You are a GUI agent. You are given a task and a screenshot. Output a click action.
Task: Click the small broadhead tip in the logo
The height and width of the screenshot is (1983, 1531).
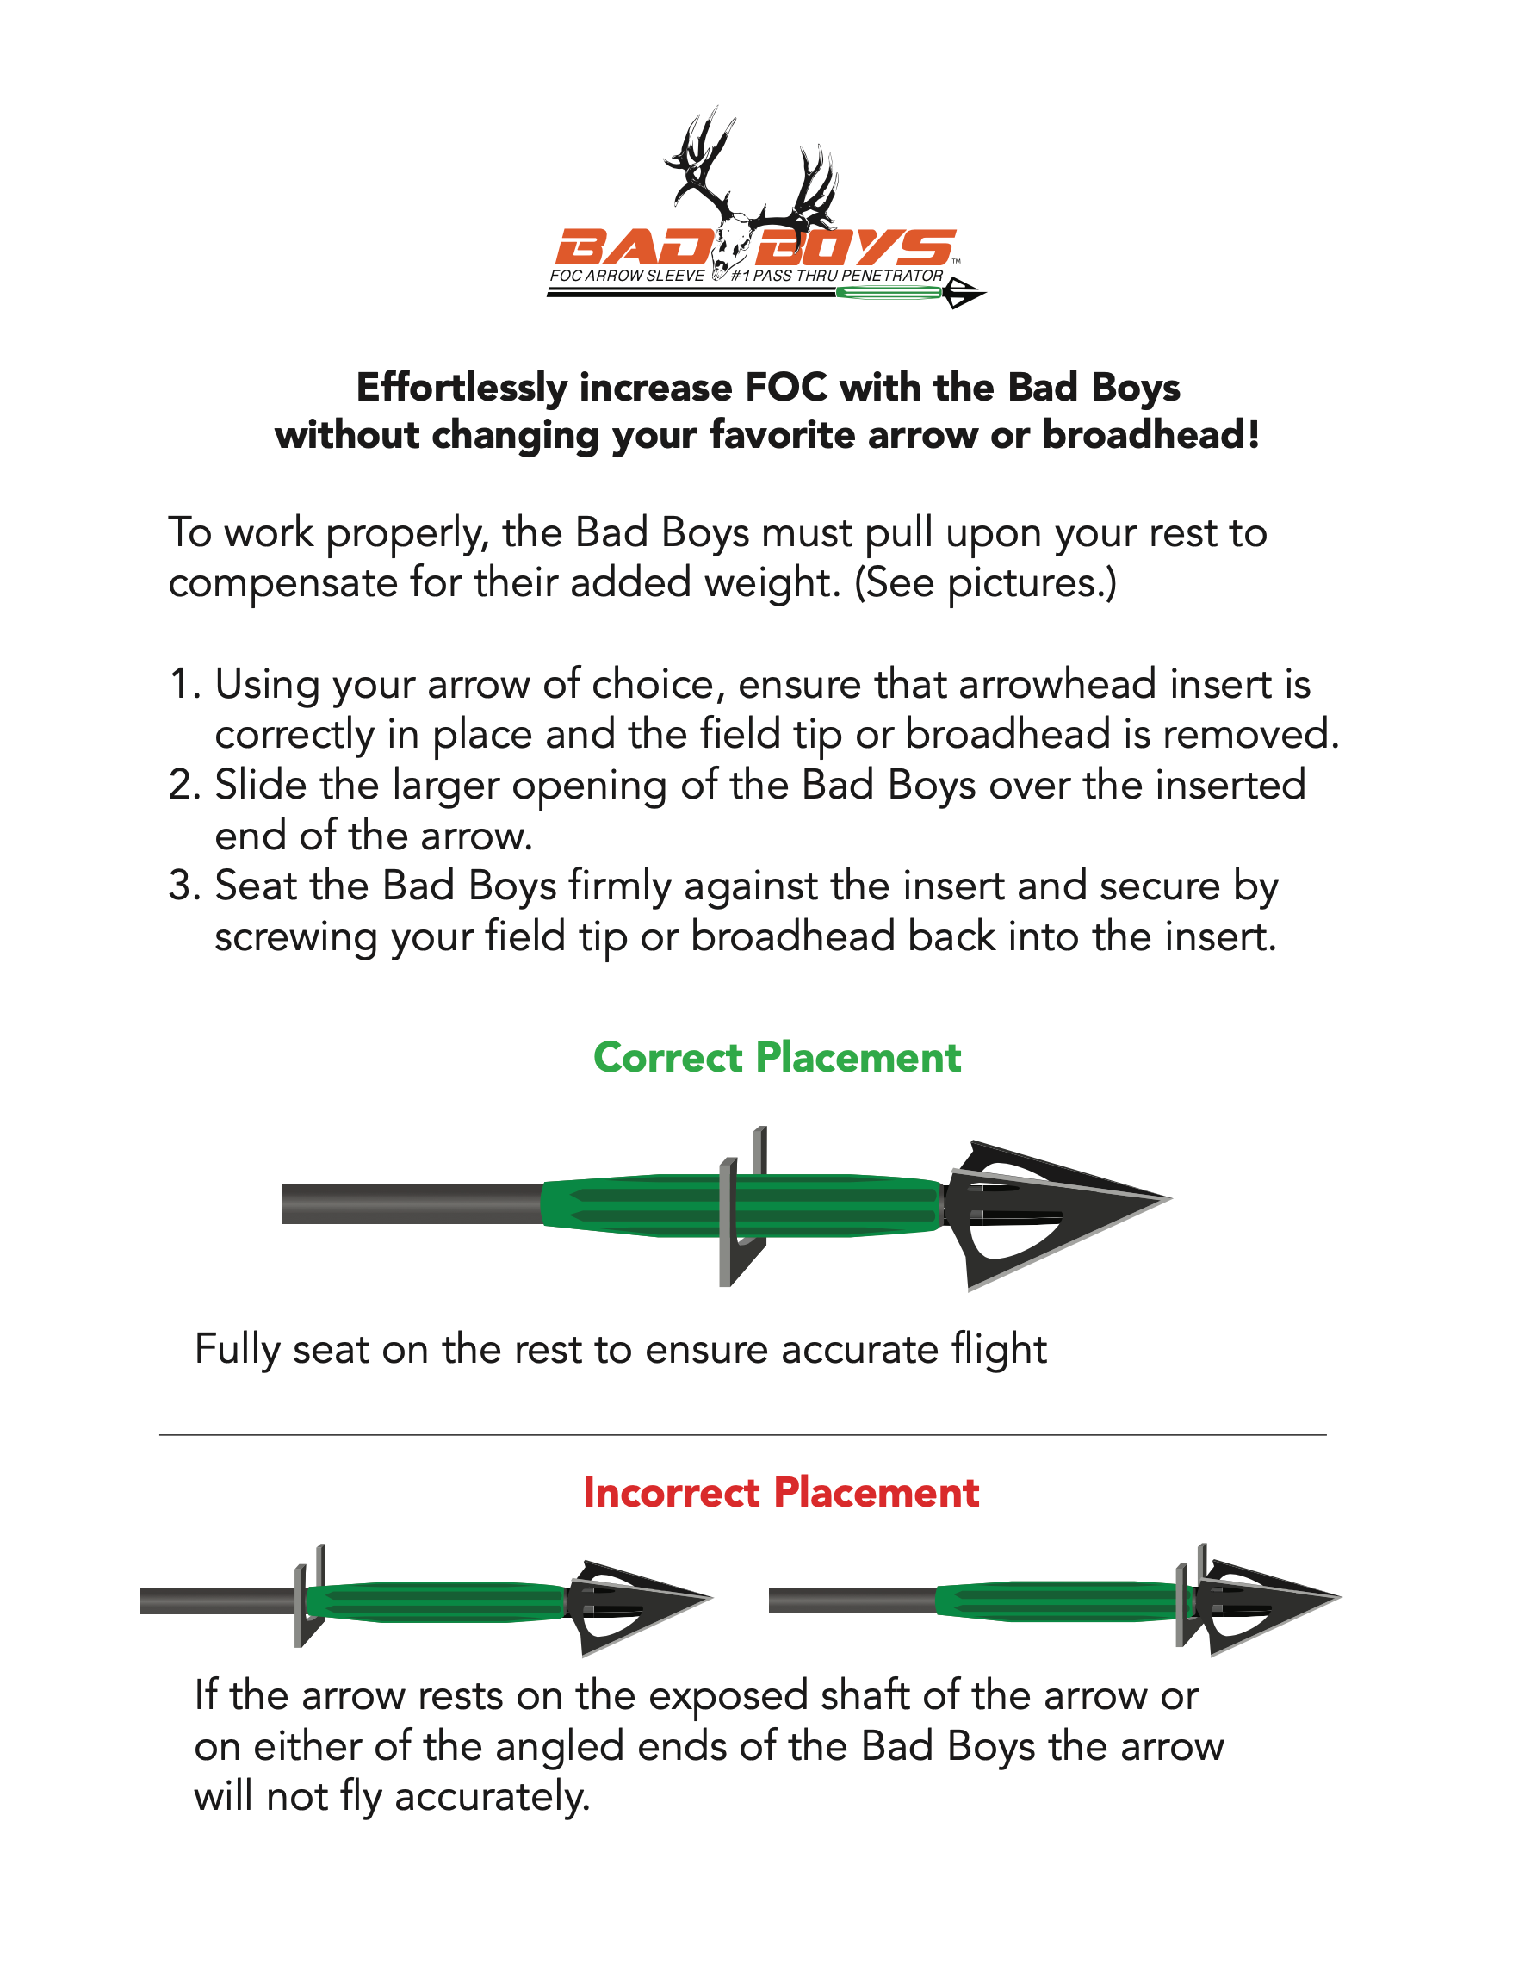point(964,293)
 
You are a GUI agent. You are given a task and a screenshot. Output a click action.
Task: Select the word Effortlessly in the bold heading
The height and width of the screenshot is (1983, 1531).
point(462,388)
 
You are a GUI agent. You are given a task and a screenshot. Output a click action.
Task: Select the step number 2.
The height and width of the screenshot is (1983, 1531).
point(184,786)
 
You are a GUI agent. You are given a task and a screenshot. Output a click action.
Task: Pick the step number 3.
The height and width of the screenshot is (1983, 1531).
point(184,886)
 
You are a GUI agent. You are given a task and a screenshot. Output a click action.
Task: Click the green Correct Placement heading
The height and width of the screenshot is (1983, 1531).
point(777,1058)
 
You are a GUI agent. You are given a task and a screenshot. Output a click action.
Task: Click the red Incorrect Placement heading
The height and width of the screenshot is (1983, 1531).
point(780,1494)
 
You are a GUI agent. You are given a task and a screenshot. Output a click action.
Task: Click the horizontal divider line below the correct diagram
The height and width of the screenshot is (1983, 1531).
point(742,1434)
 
